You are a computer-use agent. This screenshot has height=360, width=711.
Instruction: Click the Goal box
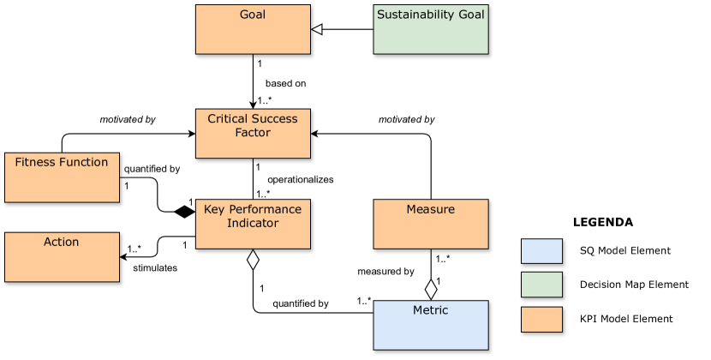253,29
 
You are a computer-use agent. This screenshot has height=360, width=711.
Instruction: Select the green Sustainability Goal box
430,29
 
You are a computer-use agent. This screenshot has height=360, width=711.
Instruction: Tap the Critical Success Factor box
253,134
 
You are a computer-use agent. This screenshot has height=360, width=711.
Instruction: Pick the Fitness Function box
62,177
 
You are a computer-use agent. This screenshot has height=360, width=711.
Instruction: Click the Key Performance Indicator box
253,225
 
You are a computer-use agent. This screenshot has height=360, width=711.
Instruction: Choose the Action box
62,256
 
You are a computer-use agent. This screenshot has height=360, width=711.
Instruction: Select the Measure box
430,225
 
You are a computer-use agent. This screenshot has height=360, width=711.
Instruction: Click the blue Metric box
430,325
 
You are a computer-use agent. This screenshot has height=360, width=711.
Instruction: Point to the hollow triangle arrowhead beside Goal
316,29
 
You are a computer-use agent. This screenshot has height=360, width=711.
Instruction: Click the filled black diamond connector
182,211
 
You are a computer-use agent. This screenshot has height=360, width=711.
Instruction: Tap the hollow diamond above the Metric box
431,289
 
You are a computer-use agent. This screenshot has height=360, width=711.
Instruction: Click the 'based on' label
285,84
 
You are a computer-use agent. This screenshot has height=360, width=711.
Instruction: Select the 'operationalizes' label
300,180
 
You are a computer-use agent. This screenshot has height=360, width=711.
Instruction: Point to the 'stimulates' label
155,268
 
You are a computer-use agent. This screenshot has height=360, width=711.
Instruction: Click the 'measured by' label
385,272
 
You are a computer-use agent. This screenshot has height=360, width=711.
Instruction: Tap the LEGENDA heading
602,222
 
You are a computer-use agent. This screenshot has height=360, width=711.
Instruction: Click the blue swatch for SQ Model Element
541,250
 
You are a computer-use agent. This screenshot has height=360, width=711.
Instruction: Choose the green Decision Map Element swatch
541,285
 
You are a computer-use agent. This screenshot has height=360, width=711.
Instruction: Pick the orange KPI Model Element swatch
541,319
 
